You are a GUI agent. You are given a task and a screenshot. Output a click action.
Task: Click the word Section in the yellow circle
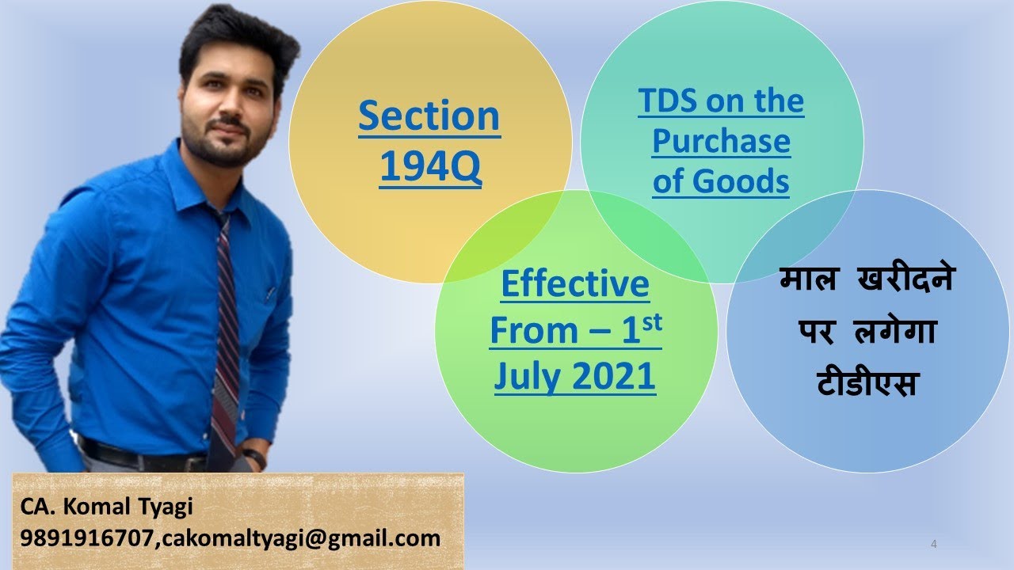pos(429,116)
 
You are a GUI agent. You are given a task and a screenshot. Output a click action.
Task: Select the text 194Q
pos(430,167)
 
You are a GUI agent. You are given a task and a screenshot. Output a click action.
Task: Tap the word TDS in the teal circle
pos(666,101)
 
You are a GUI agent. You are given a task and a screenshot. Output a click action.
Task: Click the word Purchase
pos(721,142)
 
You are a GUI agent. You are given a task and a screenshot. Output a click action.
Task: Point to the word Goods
pos(741,181)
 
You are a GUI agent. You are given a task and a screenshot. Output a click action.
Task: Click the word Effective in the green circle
pos(575,284)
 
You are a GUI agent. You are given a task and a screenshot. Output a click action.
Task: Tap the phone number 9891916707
pos(87,539)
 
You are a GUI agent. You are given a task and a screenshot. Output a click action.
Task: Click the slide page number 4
pos(935,544)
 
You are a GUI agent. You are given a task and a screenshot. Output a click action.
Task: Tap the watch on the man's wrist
pos(254,458)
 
